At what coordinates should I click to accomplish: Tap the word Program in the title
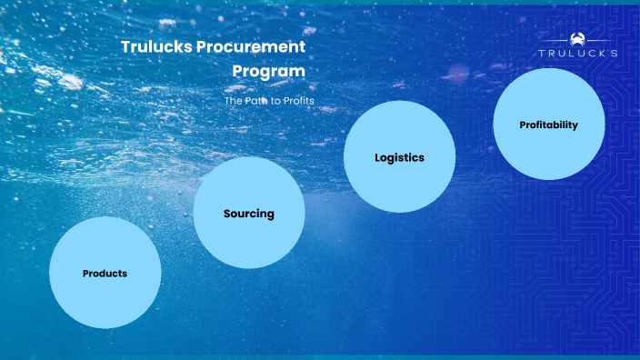(x=268, y=70)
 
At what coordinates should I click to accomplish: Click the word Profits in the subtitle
(x=299, y=100)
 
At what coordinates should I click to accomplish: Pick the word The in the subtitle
(x=233, y=100)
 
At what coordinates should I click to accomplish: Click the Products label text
(x=105, y=274)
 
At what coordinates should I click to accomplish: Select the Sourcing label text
(x=249, y=215)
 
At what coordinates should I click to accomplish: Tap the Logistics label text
(x=400, y=157)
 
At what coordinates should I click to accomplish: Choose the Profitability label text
(x=548, y=125)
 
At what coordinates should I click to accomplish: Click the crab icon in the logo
(x=578, y=39)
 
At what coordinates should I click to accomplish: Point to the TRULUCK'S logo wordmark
(x=578, y=54)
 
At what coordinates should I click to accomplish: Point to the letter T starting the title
(x=125, y=47)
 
